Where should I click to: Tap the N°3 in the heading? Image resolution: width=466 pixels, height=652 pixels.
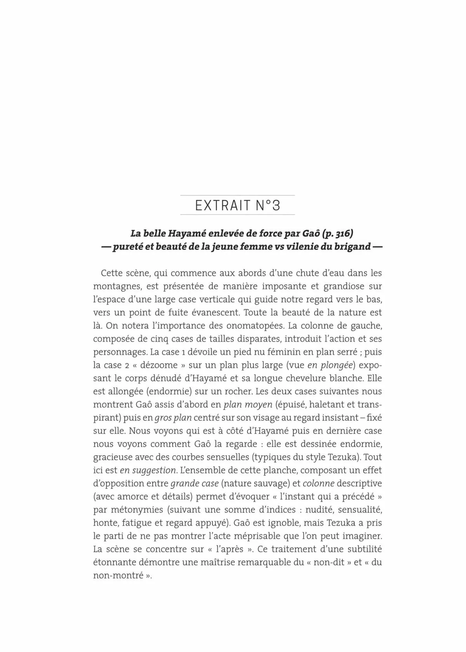coord(268,205)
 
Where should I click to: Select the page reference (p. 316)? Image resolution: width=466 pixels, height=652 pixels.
coord(334,234)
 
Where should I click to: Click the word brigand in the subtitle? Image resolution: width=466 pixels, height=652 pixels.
coord(352,247)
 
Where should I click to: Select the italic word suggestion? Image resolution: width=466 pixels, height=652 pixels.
coord(154,470)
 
